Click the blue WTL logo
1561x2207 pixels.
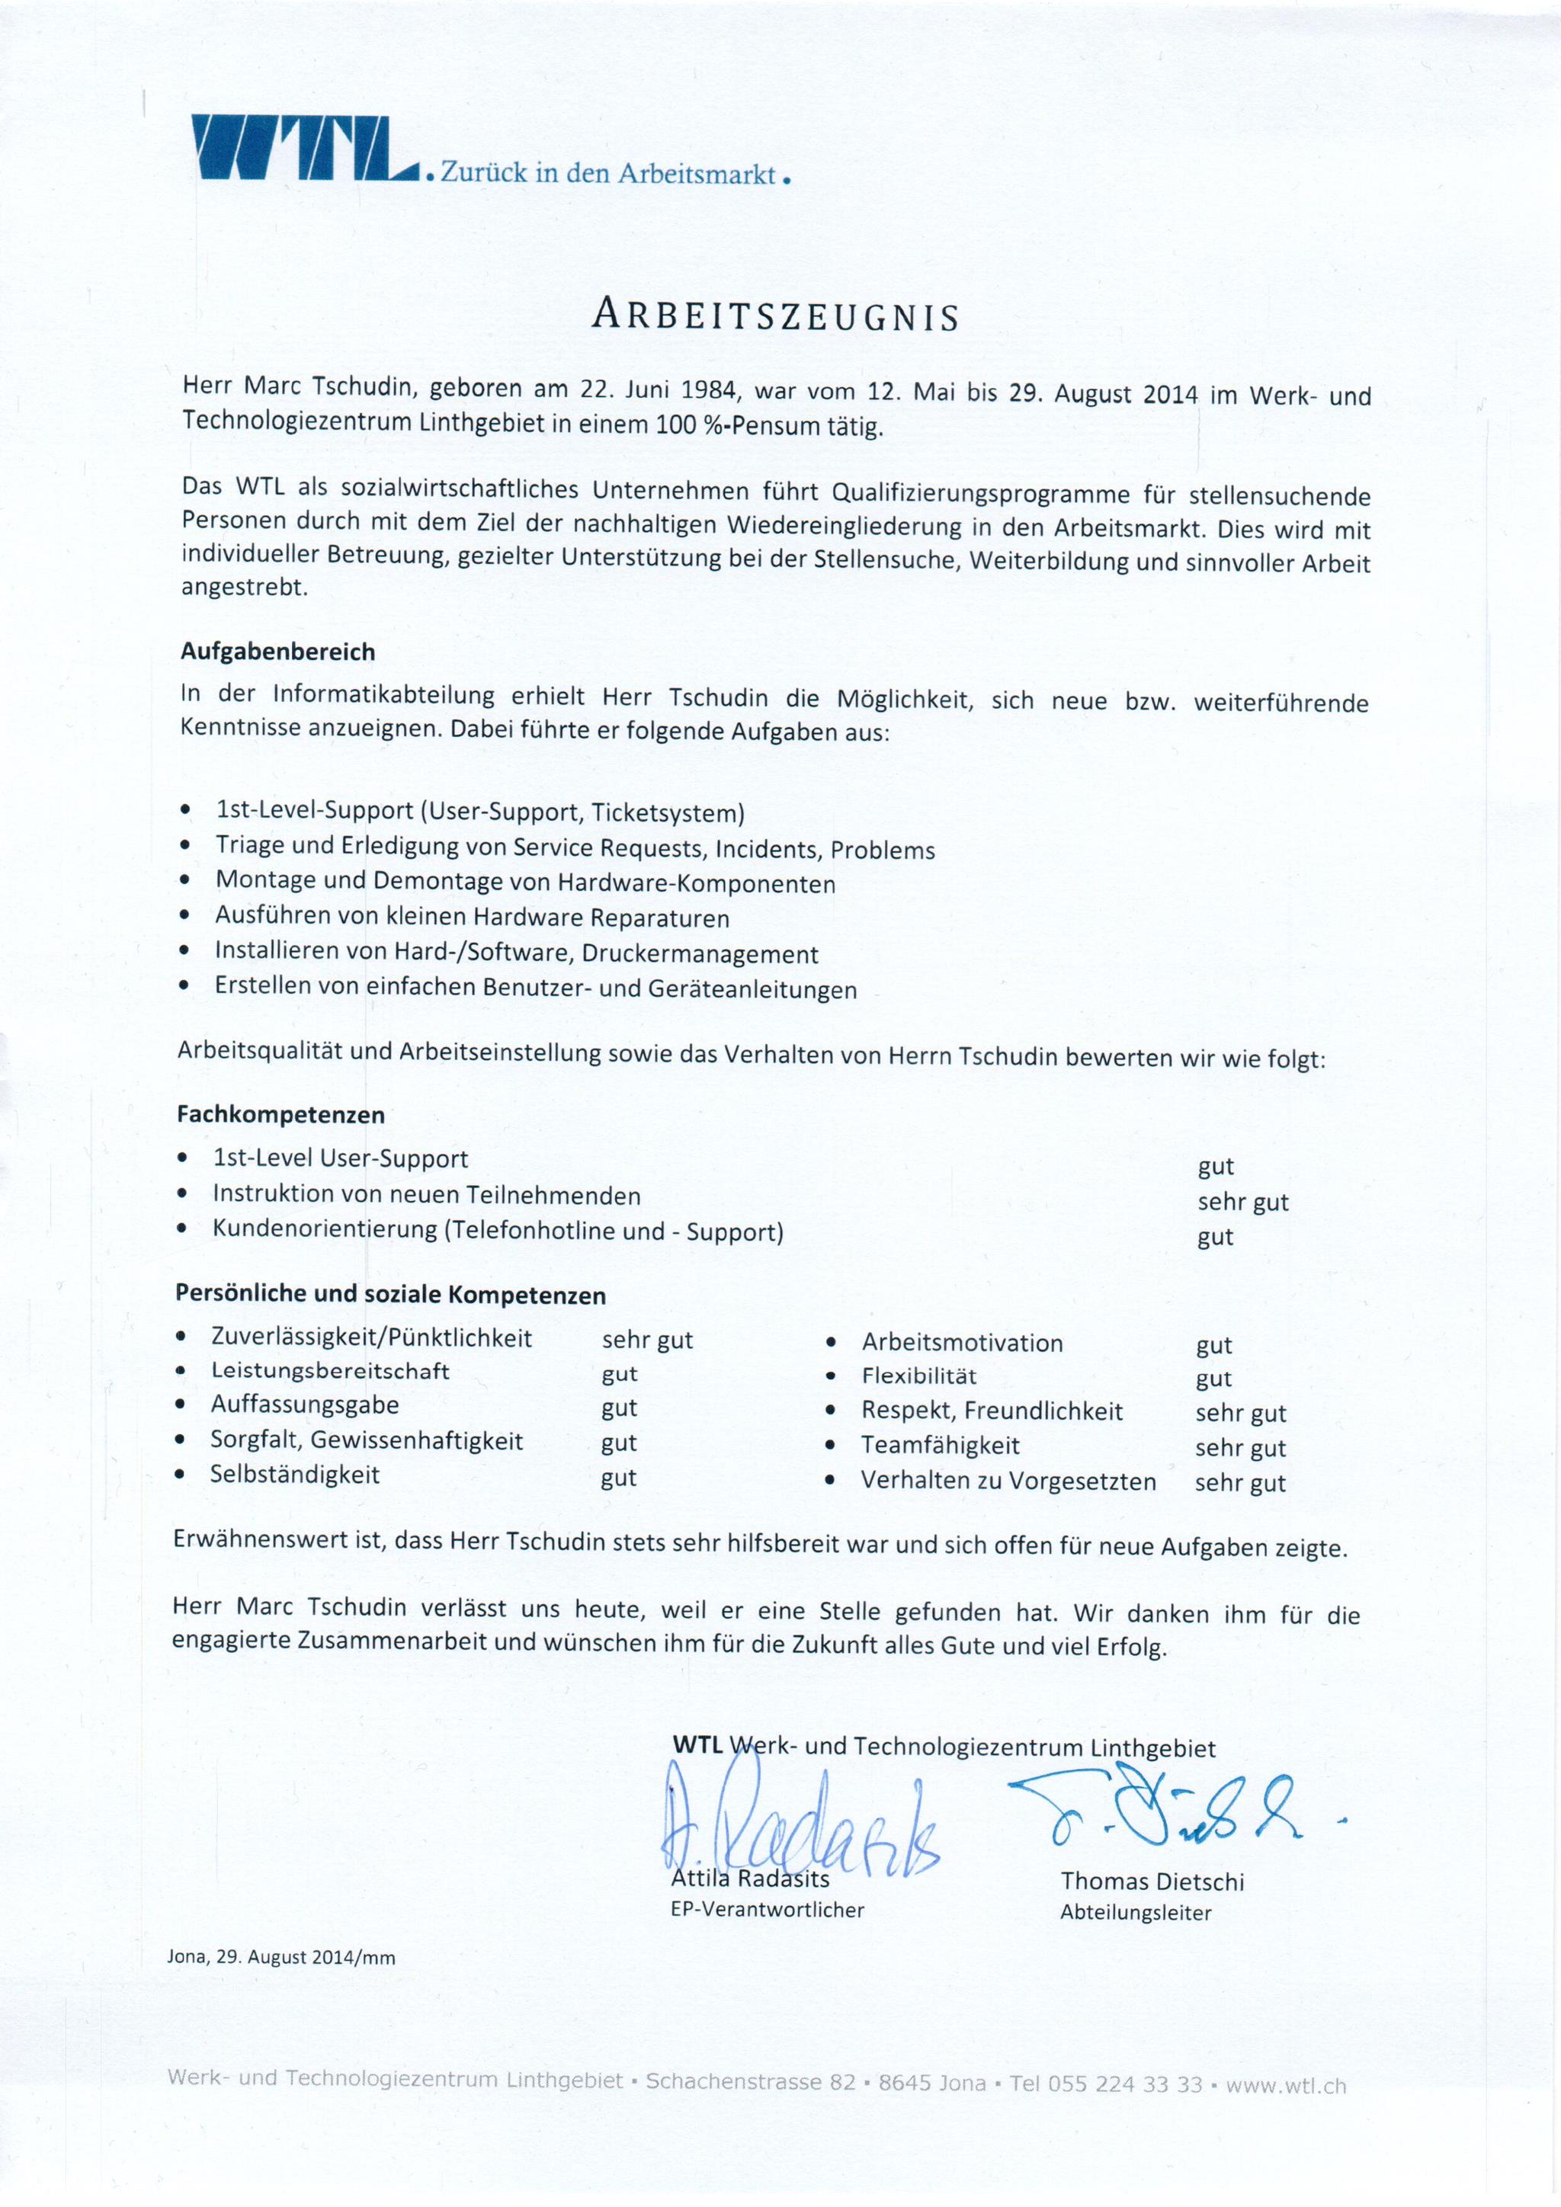[x=304, y=149]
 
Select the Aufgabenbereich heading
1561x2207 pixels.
[x=277, y=652]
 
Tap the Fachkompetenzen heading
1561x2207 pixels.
[x=280, y=1115]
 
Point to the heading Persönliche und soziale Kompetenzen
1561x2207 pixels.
[x=390, y=1295]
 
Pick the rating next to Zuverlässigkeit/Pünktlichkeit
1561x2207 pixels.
[x=647, y=1340]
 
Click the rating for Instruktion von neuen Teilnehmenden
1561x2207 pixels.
[x=1243, y=1202]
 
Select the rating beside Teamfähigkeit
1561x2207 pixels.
[x=1240, y=1448]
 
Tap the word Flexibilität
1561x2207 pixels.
[x=919, y=1376]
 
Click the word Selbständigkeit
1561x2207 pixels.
[x=295, y=1475]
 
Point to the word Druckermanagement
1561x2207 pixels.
[x=700, y=954]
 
